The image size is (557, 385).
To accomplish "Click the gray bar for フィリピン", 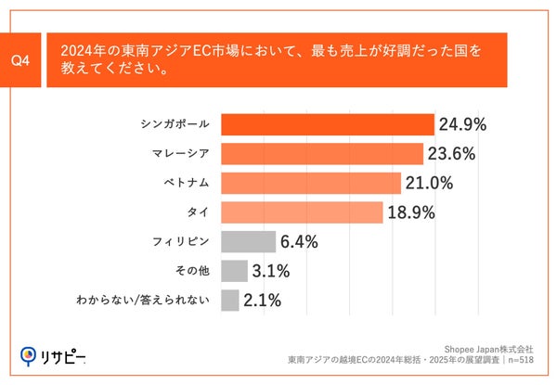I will tap(249, 242).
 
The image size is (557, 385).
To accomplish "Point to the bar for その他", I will tap(235, 271).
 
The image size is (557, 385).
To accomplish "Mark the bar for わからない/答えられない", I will tap(230, 301).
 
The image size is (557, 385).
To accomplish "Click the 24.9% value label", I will tap(463, 124).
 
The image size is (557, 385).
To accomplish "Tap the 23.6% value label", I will tap(452, 154).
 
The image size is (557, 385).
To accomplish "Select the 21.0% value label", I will tap(430, 183).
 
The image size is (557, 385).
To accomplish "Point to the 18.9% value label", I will tap(411, 212).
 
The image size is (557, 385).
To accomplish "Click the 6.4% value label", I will tap(299, 242).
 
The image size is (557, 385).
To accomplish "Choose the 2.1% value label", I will tap(263, 301).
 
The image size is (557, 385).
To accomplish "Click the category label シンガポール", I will tap(175, 124).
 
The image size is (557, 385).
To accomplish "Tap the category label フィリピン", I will tap(181, 242).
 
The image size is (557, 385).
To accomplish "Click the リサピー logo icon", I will tap(30, 354).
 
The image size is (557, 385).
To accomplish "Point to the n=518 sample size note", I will tap(519, 358).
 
